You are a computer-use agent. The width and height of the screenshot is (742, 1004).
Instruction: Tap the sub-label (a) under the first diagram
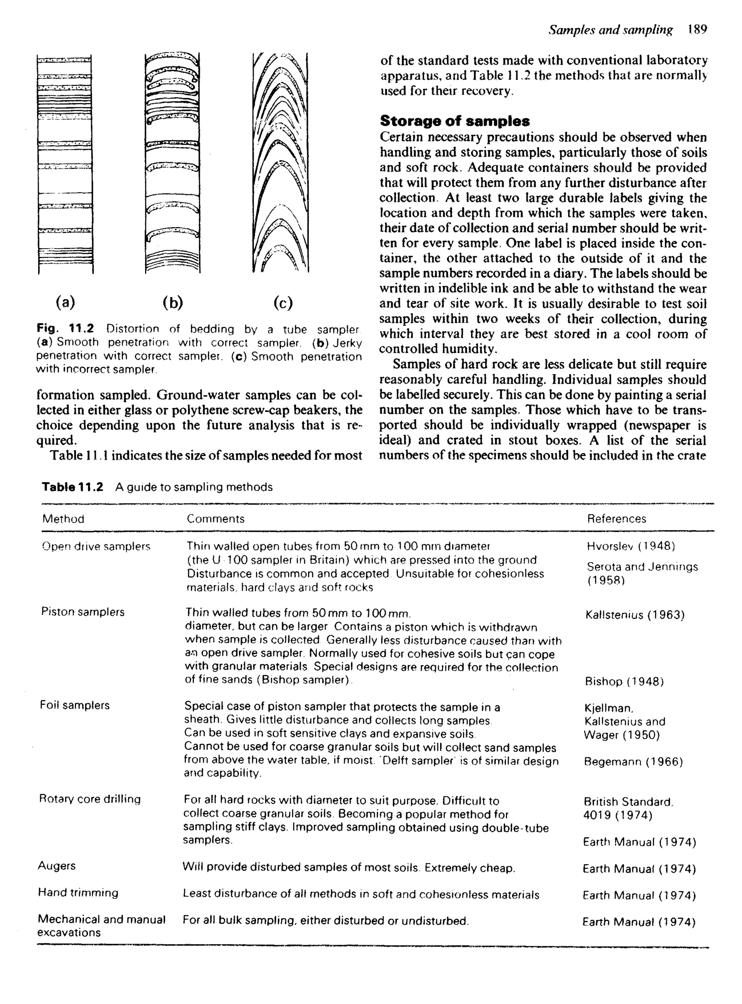click(x=66, y=302)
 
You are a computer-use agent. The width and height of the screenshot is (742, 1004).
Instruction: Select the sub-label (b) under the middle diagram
click(x=172, y=302)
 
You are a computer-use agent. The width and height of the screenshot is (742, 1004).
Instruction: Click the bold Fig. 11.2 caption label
click(x=65, y=328)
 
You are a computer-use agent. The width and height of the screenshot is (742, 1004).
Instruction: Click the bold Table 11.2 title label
click(x=72, y=487)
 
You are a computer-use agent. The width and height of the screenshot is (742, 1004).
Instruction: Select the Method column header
click(x=63, y=519)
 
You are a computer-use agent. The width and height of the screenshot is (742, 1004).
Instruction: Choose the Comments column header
click(x=216, y=519)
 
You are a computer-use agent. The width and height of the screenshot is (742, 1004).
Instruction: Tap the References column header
click(x=616, y=519)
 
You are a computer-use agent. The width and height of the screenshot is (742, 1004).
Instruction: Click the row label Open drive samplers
click(x=96, y=546)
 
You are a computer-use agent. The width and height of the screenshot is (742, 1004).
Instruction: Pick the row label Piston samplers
click(x=83, y=612)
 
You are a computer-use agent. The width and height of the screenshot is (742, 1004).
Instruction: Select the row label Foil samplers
click(x=75, y=705)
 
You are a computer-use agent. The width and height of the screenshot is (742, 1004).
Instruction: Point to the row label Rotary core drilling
click(x=90, y=799)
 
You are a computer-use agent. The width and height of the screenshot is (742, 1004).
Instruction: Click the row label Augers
click(x=57, y=866)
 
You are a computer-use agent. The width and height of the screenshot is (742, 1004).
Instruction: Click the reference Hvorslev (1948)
click(x=631, y=546)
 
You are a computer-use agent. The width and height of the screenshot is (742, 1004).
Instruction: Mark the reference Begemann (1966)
click(x=633, y=762)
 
